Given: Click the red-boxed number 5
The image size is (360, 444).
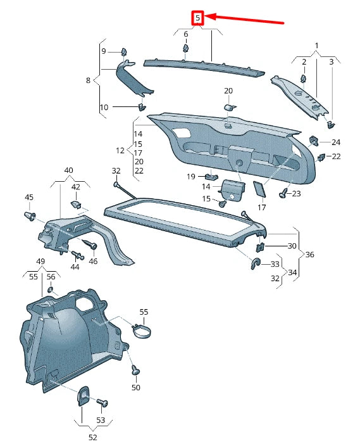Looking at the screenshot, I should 198,18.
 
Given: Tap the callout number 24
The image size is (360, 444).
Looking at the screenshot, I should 336,143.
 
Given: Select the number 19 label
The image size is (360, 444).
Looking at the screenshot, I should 190,177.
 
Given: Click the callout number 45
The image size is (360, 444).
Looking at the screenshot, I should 28,198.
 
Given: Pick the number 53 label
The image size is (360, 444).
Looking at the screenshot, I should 101,420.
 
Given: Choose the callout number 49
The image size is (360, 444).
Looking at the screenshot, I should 40,262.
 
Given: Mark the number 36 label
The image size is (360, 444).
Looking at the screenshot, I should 309,255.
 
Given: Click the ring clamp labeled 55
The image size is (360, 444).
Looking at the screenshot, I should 145,330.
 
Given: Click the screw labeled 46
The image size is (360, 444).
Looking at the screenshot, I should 89,244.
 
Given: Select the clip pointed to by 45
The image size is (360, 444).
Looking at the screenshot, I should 30,217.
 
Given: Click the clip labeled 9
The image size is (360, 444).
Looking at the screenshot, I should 124,51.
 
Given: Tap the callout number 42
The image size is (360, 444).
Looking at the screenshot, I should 76,187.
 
